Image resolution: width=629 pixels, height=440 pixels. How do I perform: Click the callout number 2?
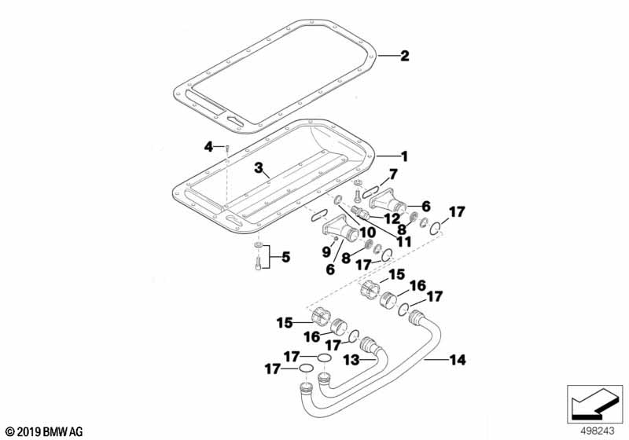404,56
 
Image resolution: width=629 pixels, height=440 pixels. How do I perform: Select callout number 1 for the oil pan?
404,156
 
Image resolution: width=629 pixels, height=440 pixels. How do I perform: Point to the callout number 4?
208,145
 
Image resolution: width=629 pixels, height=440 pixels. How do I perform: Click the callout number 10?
366,234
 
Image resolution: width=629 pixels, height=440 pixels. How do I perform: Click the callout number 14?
458,360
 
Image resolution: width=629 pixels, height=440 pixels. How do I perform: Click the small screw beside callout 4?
226,147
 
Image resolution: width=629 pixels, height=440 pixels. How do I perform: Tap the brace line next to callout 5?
270,257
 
